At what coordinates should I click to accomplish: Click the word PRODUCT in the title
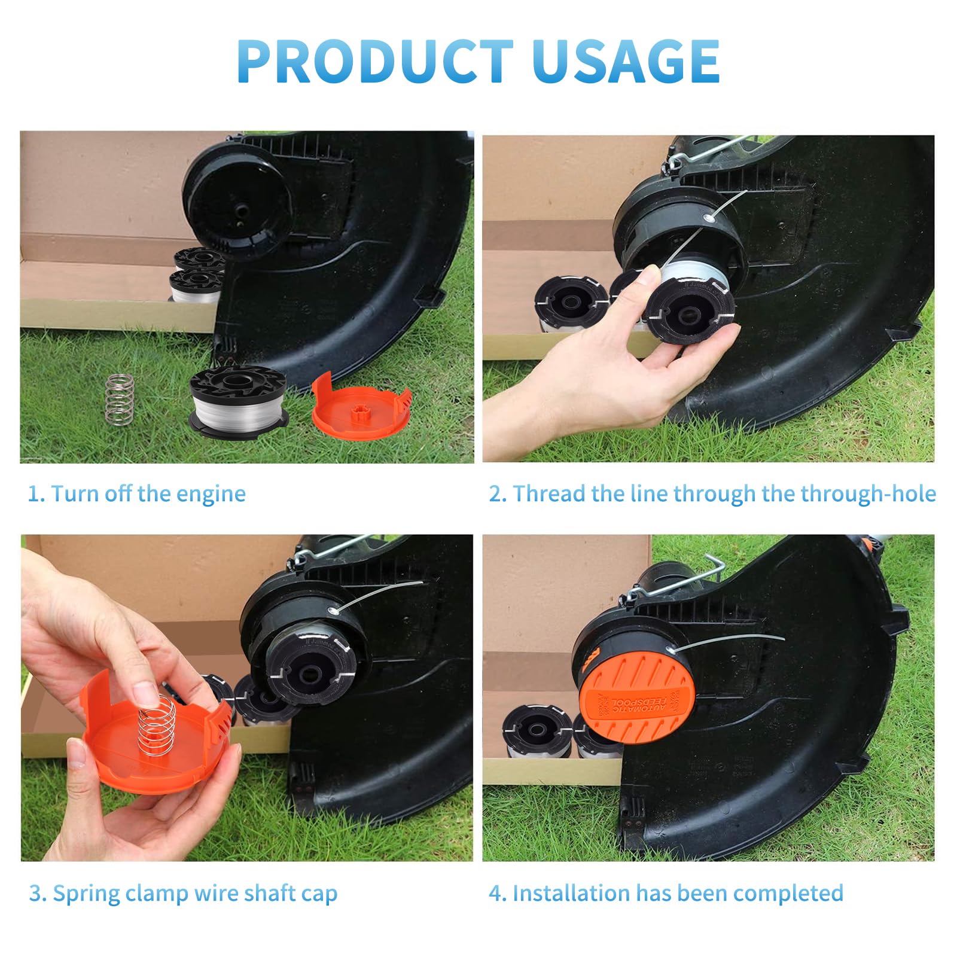(375, 61)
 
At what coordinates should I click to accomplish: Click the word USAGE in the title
(626, 61)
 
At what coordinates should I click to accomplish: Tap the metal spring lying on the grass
(120, 399)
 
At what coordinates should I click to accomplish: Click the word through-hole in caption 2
(868, 494)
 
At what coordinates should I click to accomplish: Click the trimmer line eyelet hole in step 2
(709, 218)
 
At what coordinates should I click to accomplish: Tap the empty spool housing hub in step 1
(241, 211)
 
